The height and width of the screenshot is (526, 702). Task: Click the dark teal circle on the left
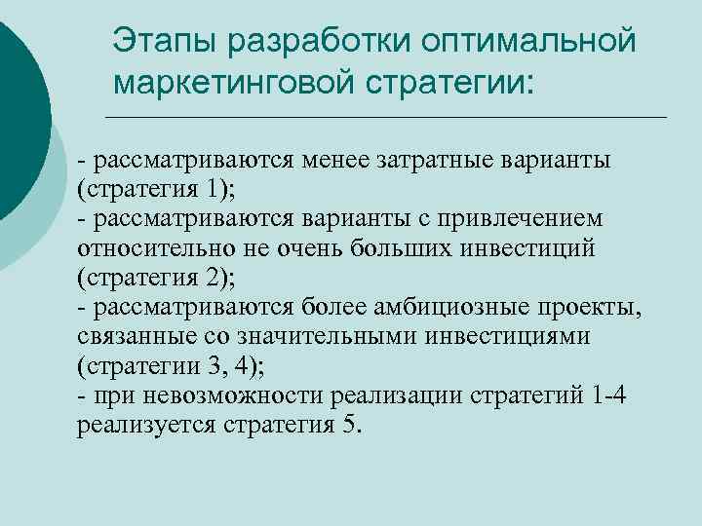(14, 107)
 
